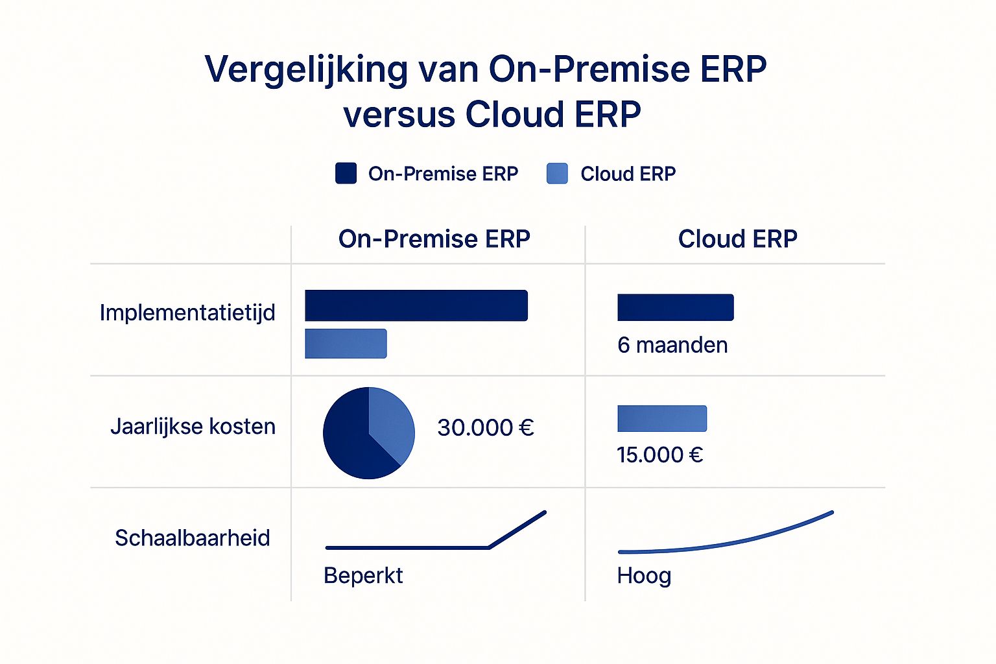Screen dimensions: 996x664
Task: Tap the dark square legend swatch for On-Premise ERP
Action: pyautogui.click(x=346, y=173)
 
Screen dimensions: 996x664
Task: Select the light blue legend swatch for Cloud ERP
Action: pyautogui.click(x=557, y=173)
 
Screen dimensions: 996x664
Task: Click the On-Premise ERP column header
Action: pyautogui.click(x=434, y=239)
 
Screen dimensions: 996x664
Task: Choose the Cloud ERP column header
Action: pyautogui.click(x=738, y=239)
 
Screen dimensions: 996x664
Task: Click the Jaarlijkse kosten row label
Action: pyautogui.click(x=193, y=427)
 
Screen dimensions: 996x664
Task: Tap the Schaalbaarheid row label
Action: pyautogui.click(x=193, y=538)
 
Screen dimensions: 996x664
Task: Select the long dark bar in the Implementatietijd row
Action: pyautogui.click(x=416, y=305)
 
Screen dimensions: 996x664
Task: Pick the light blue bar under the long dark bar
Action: pyautogui.click(x=346, y=343)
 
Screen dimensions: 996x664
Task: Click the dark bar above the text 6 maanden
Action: pyautogui.click(x=676, y=307)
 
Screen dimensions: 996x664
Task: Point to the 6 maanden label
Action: pyautogui.click(x=672, y=346)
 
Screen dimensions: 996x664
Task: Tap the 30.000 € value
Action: pyautogui.click(x=486, y=428)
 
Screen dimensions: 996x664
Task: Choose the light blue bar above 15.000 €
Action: pyautogui.click(x=662, y=418)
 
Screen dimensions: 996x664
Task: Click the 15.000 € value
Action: pyautogui.click(x=660, y=455)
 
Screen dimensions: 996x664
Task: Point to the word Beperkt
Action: pyautogui.click(x=363, y=576)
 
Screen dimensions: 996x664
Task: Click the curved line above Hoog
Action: pyautogui.click(x=729, y=543)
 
